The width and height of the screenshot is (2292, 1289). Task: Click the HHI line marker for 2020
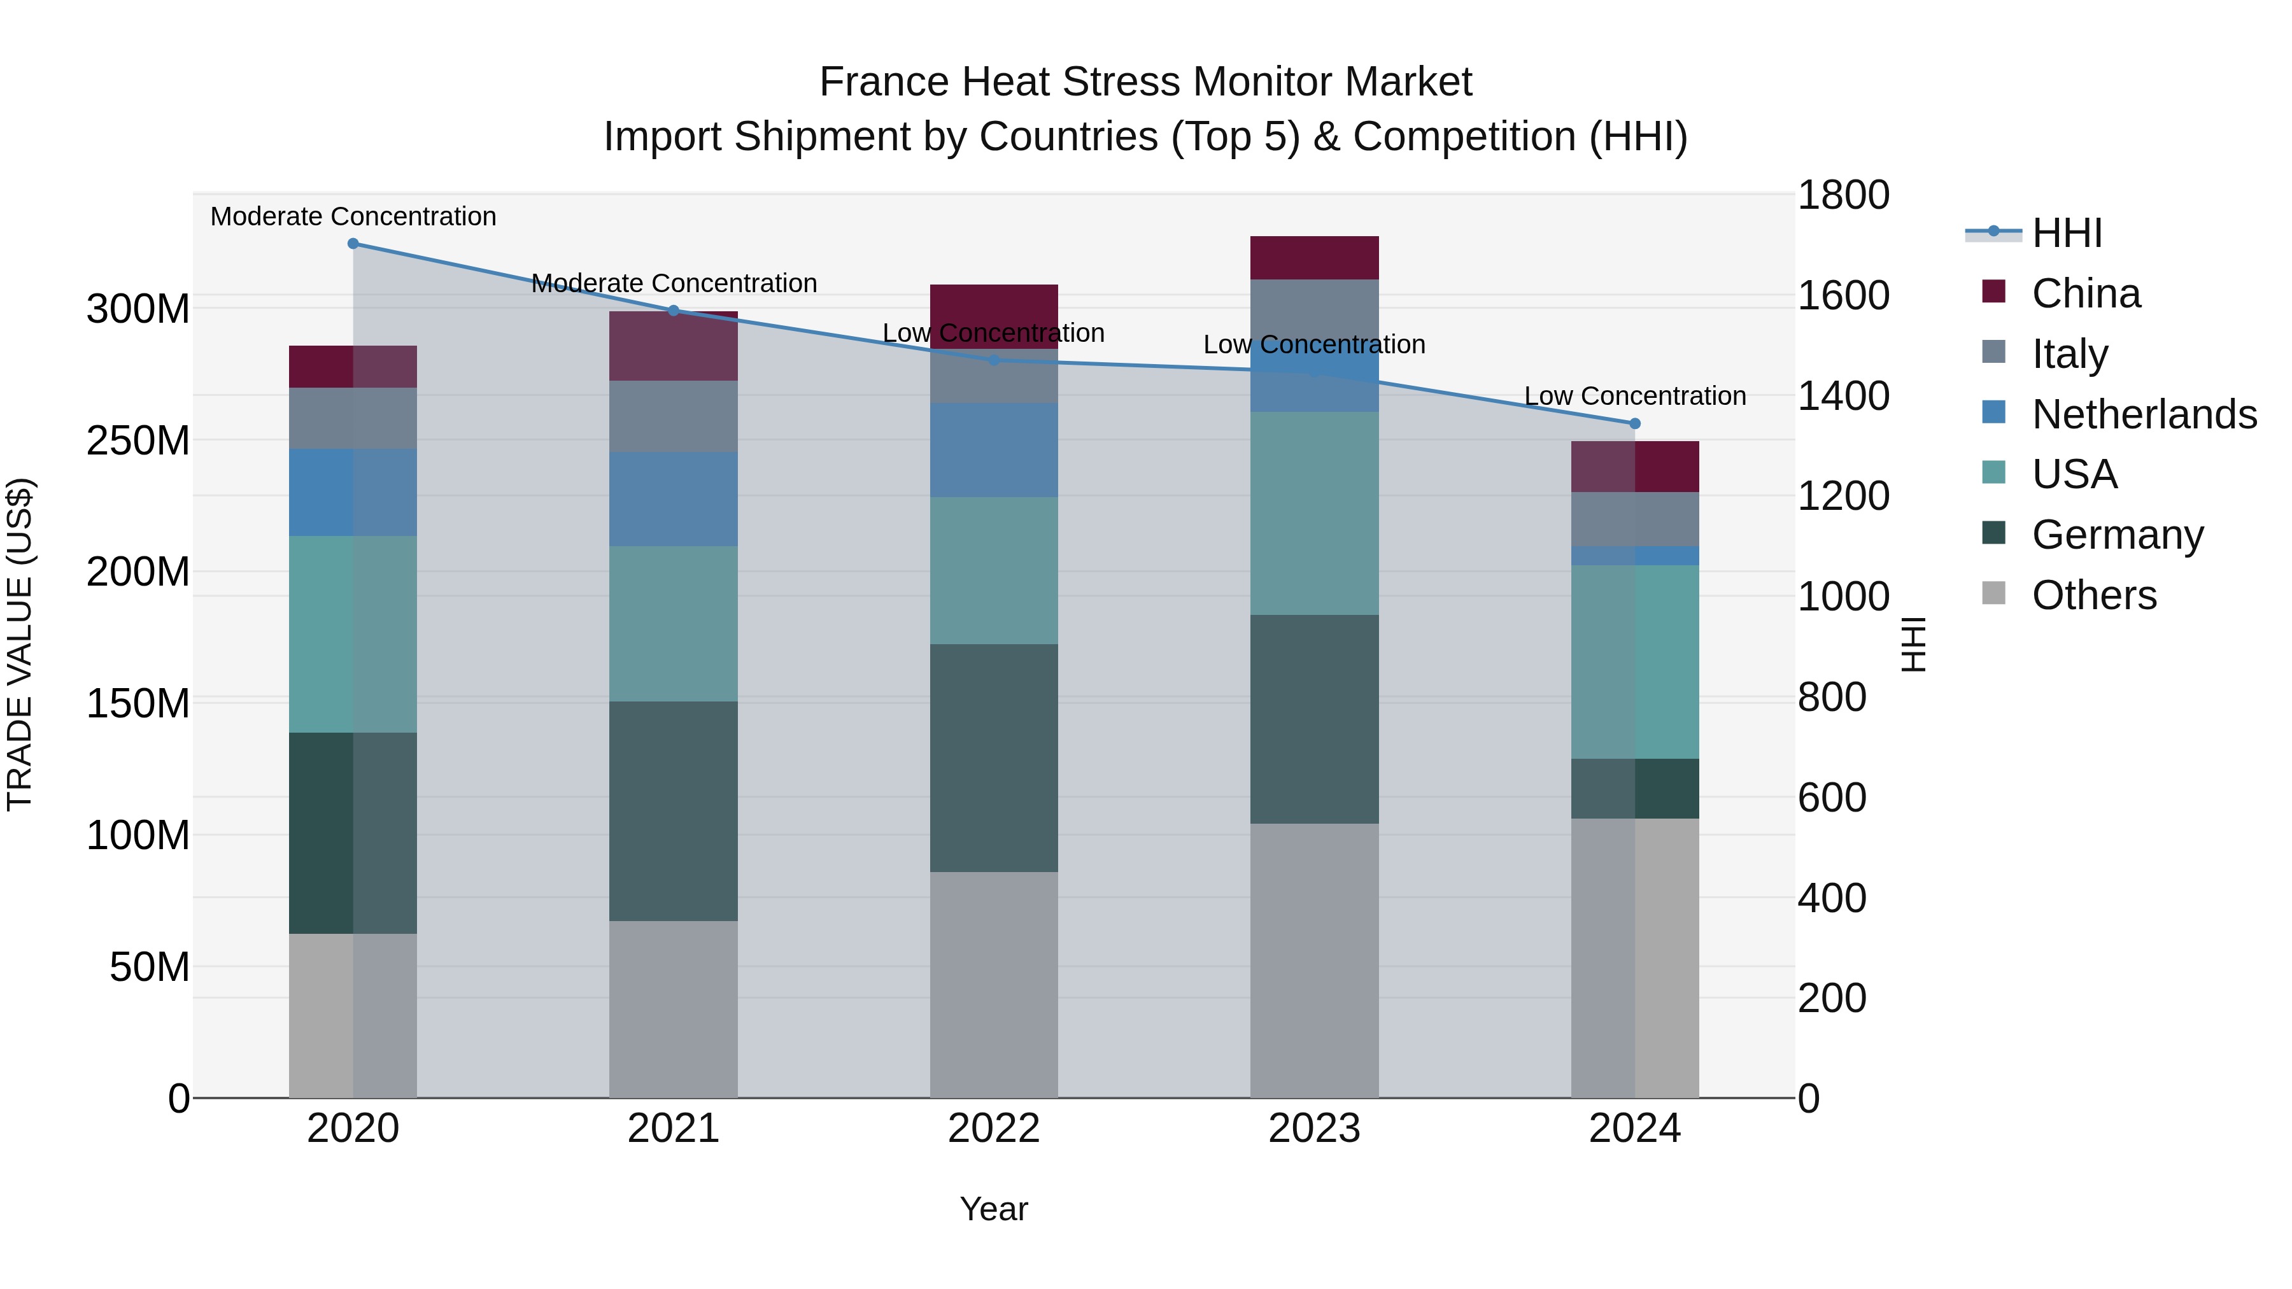click(x=353, y=244)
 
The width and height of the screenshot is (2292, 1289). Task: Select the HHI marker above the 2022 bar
click(x=994, y=360)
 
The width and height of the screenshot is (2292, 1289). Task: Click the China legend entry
click(x=2086, y=293)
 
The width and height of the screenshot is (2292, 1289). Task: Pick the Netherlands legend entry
click(x=2144, y=414)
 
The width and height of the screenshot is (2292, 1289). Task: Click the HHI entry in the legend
click(x=2066, y=233)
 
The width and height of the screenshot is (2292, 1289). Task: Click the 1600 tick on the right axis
click(x=1843, y=295)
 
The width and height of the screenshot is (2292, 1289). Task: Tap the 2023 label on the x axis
click(x=1314, y=1129)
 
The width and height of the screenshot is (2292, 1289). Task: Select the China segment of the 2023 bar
click(x=1314, y=258)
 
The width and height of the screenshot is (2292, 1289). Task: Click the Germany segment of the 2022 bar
click(x=994, y=758)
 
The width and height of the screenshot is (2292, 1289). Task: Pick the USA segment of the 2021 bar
click(x=674, y=624)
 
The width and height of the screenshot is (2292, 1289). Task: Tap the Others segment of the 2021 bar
click(x=674, y=1009)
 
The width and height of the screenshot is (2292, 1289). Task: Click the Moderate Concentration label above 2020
click(x=353, y=217)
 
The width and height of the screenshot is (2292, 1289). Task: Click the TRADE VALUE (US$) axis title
click(x=20, y=645)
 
